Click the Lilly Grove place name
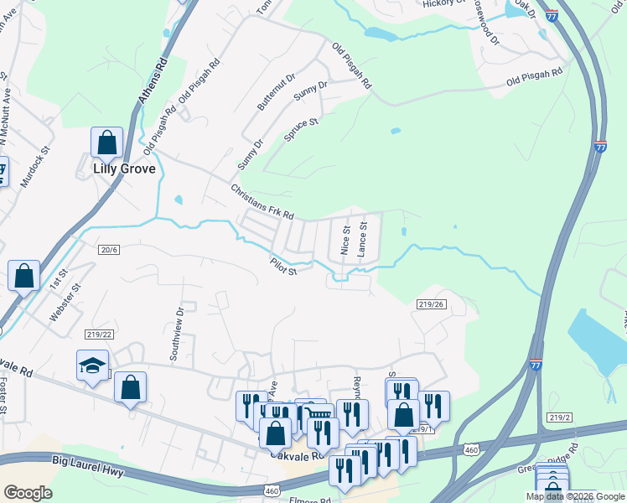(x=123, y=169)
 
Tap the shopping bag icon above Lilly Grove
(x=107, y=143)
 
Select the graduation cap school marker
(x=92, y=366)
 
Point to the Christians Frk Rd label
(x=262, y=202)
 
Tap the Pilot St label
(x=284, y=266)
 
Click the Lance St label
(x=363, y=238)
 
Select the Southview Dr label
(x=177, y=333)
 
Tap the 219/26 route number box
(x=429, y=304)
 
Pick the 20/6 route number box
(x=110, y=249)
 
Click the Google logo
(x=28, y=493)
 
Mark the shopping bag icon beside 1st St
(x=24, y=276)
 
